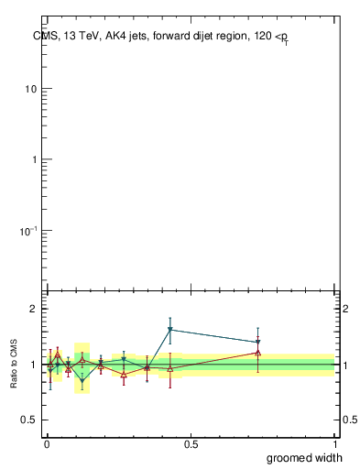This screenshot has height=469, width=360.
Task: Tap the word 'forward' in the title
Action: click(170, 36)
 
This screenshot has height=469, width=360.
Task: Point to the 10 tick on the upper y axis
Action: click(30, 90)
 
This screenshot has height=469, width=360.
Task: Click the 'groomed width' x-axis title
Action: click(305, 457)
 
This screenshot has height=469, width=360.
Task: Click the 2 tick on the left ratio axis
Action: click(32, 309)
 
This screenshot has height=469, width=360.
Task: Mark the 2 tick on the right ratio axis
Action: click(347, 309)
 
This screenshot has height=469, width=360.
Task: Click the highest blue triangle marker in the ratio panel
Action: click(170, 330)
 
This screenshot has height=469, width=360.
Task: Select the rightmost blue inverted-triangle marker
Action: click(258, 343)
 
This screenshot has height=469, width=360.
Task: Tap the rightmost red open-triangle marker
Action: click(258, 352)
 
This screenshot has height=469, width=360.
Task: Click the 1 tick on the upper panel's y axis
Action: click(33, 159)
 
